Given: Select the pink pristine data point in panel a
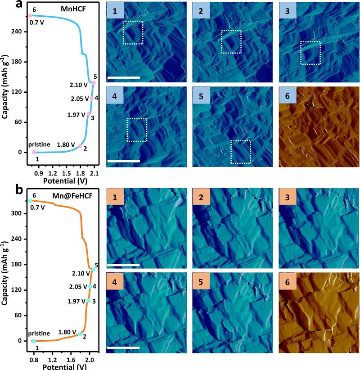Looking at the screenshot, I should tap(34, 152).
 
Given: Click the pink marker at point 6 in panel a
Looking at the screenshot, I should tap(30, 16).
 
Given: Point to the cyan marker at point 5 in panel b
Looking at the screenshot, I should tap(93, 269).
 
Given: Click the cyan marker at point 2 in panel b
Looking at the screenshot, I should tap(80, 334).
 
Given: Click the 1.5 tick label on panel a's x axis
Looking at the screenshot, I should tap(67, 172).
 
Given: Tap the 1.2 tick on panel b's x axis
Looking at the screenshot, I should tap(53, 360).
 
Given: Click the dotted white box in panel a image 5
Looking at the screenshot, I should tap(242, 152).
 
